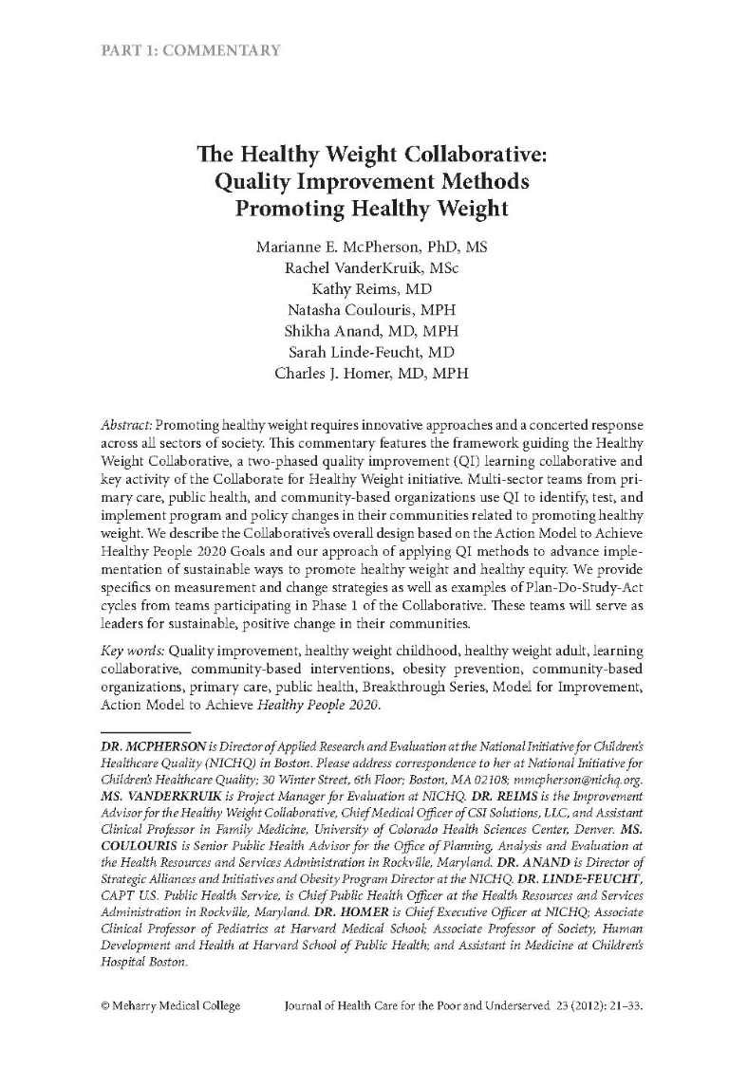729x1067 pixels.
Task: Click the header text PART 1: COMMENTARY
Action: coord(191,50)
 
